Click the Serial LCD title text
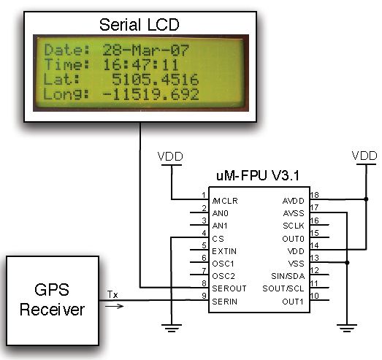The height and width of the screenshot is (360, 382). coord(139,25)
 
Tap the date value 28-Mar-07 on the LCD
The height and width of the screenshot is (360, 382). coord(145,50)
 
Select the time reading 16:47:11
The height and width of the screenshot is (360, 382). coord(140,65)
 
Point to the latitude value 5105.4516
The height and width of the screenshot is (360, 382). coord(155,80)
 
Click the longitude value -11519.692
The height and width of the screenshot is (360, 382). coord(150,94)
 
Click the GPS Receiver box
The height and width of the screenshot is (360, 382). coord(53,301)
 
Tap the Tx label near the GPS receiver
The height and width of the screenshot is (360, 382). coord(112,295)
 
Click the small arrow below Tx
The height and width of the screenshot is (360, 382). coord(114,306)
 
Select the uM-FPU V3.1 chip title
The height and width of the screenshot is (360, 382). coord(258,175)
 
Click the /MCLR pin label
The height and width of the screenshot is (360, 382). coord(225,201)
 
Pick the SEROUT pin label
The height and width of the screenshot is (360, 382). coord(229,288)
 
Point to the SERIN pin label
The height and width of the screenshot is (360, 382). coord(225,302)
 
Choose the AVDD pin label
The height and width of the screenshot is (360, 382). coord(294,201)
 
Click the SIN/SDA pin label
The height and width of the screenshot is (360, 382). coord(288,276)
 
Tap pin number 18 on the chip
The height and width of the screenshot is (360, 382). coord(314,195)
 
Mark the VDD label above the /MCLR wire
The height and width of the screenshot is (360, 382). coord(170,156)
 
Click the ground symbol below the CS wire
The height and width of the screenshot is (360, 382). coord(172,328)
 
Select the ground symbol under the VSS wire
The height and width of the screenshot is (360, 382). coord(347,328)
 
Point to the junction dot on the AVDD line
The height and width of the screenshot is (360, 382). coord(366,199)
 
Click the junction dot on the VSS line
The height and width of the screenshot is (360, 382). coord(347,263)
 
